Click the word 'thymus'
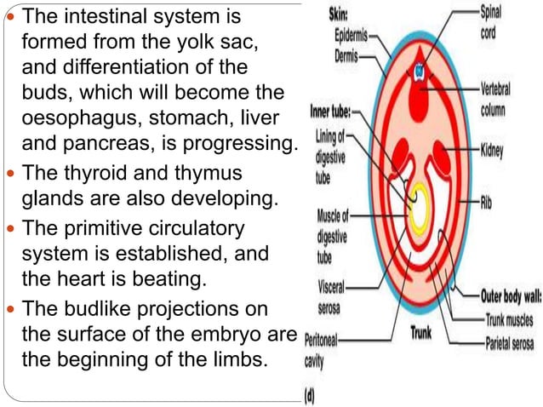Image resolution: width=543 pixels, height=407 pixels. click(x=213, y=174)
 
